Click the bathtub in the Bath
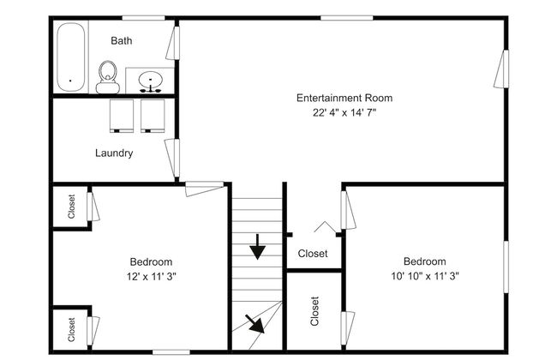[70, 57]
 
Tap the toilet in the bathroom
[108, 77]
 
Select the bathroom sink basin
[151, 80]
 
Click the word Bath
[122, 40]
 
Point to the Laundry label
[114, 153]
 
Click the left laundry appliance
[122, 116]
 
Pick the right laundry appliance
[153, 116]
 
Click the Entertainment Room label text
[344, 98]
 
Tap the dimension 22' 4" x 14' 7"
[344, 112]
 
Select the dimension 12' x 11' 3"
[152, 276]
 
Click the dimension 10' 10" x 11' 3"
[425, 276]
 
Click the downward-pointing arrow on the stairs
[258, 247]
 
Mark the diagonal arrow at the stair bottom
[255, 324]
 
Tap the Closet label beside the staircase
[313, 254]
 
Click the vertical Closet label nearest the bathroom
[71, 207]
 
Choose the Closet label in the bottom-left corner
[71, 329]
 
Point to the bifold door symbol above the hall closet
[325, 227]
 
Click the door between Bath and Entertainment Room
[173, 43]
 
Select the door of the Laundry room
[172, 159]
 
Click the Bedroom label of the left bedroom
[151, 262]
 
